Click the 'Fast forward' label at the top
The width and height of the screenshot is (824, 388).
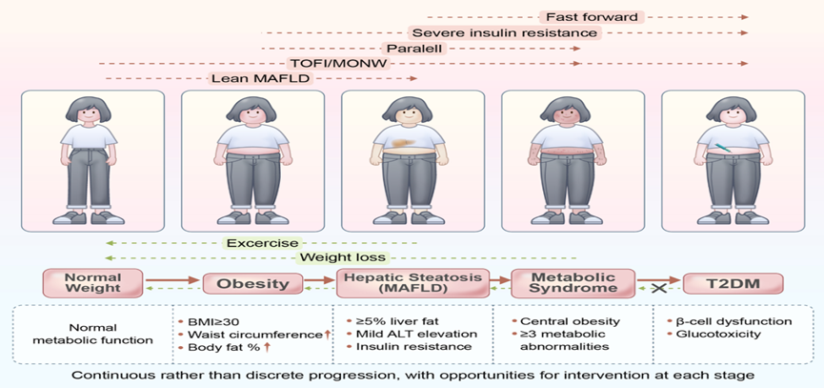click(592, 16)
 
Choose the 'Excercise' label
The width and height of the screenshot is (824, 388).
click(261, 243)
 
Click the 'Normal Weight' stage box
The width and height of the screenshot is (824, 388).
click(93, 283)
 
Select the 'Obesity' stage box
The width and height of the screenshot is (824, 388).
click(252, 284)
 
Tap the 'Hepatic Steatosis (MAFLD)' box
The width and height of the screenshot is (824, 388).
click(411, 283)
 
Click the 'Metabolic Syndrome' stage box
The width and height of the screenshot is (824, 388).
click(565, 283)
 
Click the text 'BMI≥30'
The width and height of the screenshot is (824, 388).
click(211, 321)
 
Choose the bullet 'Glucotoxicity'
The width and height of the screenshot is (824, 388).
click(714, 334)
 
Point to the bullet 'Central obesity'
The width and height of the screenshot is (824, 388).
click(566, 321)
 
